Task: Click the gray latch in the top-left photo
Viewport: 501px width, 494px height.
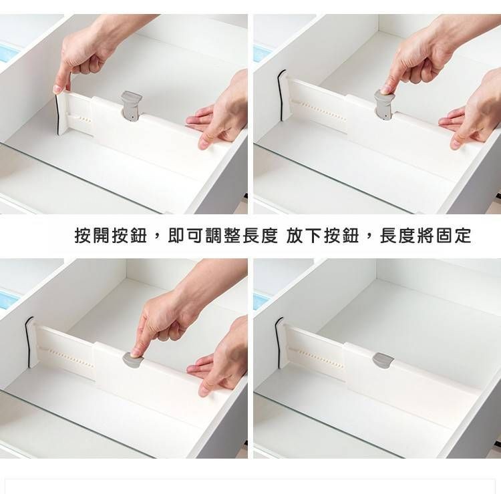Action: pos(131,107)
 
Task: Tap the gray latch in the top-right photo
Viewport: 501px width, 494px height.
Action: pos(383,105)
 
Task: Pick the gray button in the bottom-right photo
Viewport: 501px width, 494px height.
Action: pos(383,360)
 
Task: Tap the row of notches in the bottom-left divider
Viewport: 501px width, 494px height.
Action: pos(71,357)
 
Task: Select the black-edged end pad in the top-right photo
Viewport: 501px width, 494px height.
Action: pos(281,96)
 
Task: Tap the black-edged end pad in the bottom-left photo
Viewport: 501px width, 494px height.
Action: pos(30,342)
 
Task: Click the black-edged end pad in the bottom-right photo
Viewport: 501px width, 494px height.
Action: pos(279,343)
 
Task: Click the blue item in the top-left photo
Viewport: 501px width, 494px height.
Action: pos(8,53)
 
